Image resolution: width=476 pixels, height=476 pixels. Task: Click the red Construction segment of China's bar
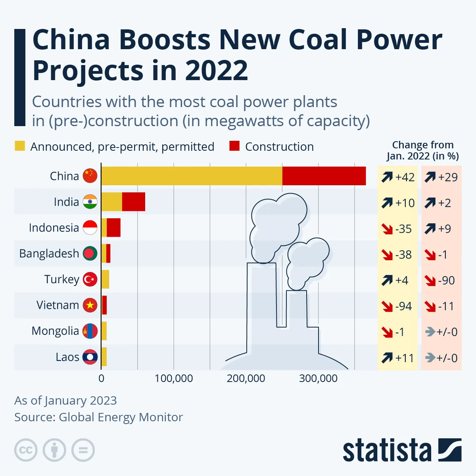pos(324,176)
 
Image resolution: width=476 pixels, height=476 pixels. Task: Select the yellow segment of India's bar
pos(111,202)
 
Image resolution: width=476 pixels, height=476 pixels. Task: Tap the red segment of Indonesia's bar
pos(113,228)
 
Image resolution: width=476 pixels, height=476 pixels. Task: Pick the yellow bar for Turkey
pos(105,279)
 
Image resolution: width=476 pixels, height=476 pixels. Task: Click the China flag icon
pos(90,176)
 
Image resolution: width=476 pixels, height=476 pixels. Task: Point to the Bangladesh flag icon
pos(90,253)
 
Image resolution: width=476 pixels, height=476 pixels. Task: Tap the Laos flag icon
pos(90,357)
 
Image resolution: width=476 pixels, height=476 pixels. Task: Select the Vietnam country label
pos(58,305)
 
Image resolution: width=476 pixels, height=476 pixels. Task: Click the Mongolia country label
pos(55,331)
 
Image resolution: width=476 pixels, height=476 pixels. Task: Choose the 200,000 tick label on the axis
pos(246,378)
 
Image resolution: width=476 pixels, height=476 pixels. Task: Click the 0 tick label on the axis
pos(102,378)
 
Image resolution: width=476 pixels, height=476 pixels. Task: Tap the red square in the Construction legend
pos(234,146)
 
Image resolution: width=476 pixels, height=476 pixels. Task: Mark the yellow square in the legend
pos(20,146)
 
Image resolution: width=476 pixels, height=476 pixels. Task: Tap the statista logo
pos(402,450)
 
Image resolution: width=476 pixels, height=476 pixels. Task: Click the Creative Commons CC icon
pos(26,450)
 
